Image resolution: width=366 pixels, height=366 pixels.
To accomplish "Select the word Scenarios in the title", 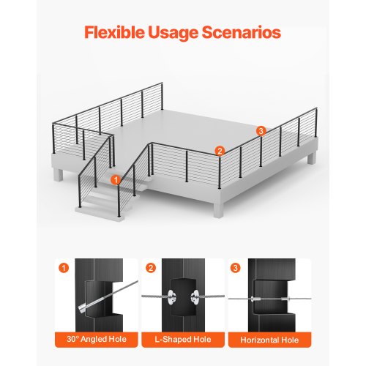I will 247,33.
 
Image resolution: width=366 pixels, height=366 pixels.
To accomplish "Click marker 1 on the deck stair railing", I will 116,179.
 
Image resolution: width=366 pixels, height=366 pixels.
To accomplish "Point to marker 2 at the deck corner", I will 219,151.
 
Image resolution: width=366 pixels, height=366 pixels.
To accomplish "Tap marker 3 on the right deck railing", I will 261,130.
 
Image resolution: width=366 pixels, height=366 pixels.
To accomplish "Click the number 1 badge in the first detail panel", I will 64,267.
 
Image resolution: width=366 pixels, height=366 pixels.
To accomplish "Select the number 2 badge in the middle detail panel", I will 150,267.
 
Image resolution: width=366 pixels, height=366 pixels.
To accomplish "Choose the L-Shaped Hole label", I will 182,340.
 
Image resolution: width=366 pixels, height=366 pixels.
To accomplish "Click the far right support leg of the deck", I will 313,158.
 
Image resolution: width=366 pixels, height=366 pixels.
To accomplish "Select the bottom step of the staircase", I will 96,207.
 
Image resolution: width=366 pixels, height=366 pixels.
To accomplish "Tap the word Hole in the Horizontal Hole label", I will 288,340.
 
